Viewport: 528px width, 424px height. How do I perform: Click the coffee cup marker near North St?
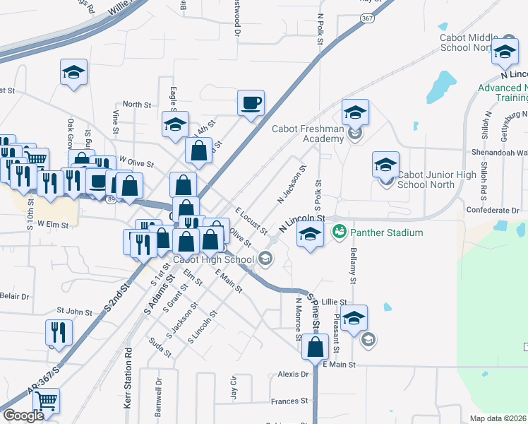251,103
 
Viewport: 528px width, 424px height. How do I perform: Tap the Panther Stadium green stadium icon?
339,232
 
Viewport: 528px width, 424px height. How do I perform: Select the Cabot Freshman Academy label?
308,134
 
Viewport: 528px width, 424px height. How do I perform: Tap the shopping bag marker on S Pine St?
316,347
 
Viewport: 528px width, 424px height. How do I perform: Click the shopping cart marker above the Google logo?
46,401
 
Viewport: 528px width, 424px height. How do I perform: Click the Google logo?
23,416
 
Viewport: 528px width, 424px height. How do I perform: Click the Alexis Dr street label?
294,374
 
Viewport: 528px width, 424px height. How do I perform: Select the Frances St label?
289,401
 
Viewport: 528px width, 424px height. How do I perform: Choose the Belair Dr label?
14,297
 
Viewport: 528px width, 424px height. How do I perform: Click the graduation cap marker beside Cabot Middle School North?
505,52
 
